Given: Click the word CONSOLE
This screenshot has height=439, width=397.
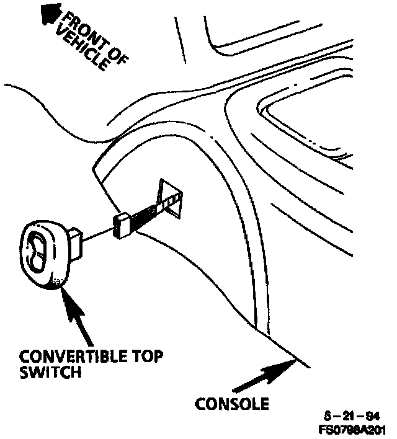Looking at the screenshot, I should pyautogui.click(x=232, y=404).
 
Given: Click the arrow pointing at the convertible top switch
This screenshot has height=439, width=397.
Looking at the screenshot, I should pyautogui.click(x=77, y=320).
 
